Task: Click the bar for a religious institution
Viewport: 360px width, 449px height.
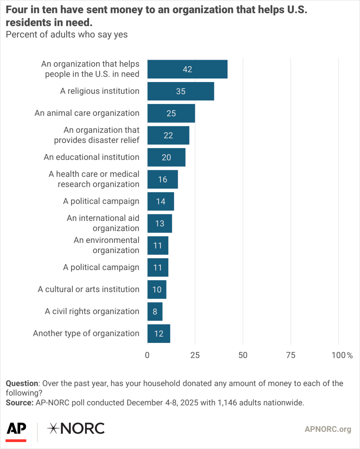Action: click(x=180, y=91)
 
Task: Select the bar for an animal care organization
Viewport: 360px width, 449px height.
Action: click(x=171, y=113)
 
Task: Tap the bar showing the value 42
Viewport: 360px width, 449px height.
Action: click(x=187, y=69)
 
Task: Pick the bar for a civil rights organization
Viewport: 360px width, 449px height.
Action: click(x=155, y=311)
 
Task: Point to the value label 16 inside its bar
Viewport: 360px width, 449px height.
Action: click(x=162, y=179)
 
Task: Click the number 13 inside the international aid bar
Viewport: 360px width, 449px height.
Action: click(x=160, y=224)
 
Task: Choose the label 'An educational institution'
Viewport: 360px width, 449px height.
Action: click(x=92, y=157)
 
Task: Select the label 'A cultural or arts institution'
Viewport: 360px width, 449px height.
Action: click(x=89, y=289)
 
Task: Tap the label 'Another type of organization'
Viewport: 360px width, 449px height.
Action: click(x=86, y=333)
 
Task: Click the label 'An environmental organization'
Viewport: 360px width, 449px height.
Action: click(x=107, y=245)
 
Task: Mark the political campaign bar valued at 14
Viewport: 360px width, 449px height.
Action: click(x=160, y=201)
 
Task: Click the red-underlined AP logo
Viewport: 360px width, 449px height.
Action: click(x=16, y=430)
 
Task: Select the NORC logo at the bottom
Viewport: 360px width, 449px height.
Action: click(x=76, y=428)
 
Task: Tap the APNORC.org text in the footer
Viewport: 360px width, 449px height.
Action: click(x=328, y=429)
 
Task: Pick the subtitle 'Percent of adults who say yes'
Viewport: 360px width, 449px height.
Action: click(x=67, y=35)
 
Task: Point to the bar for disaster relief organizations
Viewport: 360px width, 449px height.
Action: click(x=168, y=135)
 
